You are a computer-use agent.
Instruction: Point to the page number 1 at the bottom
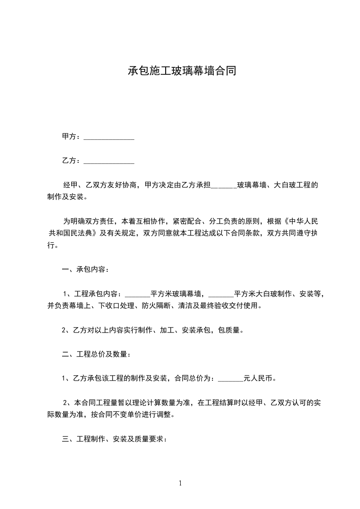pos(180,483)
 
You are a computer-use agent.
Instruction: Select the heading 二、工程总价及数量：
pos(96,354)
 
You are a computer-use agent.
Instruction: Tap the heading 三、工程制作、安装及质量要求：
pos(114,439)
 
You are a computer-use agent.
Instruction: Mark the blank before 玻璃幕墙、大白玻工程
pos(224,186)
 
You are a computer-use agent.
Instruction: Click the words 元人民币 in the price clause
pos(259,378)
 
